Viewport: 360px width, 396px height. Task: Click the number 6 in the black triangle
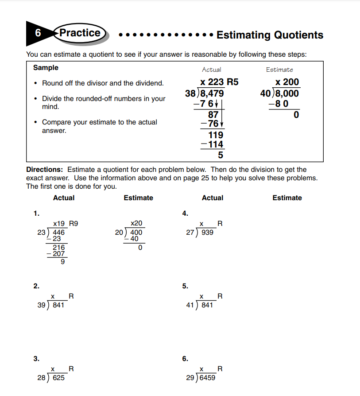[x=38, y=33]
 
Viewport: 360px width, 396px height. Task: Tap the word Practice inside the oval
[x=80, y=33]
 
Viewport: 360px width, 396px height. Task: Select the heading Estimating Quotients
[x=270, y=35]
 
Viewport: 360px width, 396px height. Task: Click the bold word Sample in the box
[x=46, y=68]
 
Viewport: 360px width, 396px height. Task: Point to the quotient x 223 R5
[x=219, y=82]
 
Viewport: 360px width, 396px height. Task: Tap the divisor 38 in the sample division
[x=190, y=93]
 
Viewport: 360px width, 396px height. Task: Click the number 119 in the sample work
[x=216, y=135]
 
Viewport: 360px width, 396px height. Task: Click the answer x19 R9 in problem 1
[x=65, y=224]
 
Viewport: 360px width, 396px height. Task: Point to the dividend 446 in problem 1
[x=59, y=232]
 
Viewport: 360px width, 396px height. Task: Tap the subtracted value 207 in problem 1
[x=59, y=254]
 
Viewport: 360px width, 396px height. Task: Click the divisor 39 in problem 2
[x=43, y=305]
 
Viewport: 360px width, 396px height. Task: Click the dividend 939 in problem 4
[x=207, y=232]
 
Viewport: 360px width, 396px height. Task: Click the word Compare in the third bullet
[x=56, y=122]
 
